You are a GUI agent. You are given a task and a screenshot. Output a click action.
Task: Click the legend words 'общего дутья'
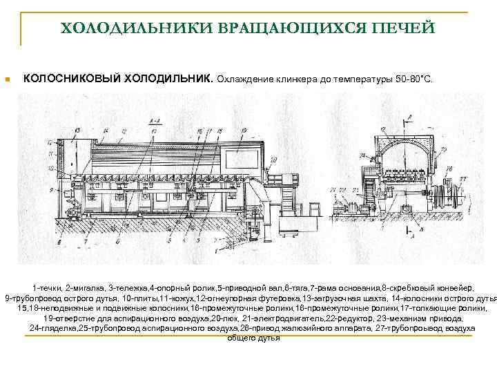[x=253, y=338]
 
